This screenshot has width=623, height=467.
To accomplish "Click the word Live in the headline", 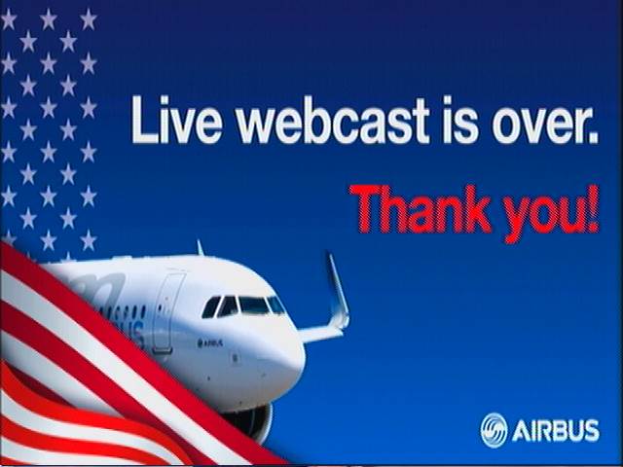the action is coord(177,120).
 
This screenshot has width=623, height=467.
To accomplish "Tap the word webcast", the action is coord(333,120).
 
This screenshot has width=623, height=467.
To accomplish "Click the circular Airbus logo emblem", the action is coord(494,430).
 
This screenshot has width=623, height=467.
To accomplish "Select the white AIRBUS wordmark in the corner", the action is coord(556,431).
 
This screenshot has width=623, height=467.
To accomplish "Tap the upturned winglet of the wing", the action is coord(338,291).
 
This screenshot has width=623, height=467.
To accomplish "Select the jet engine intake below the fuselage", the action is coord(251,421).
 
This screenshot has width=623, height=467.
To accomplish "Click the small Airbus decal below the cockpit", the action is coord(210,342).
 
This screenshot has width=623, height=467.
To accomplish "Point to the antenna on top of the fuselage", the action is coord(200,247).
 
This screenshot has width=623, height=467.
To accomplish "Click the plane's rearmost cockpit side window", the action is coord(211,307).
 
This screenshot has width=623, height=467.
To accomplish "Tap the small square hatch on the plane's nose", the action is coord(236,358).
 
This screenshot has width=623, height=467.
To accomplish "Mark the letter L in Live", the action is coord(145,120).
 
